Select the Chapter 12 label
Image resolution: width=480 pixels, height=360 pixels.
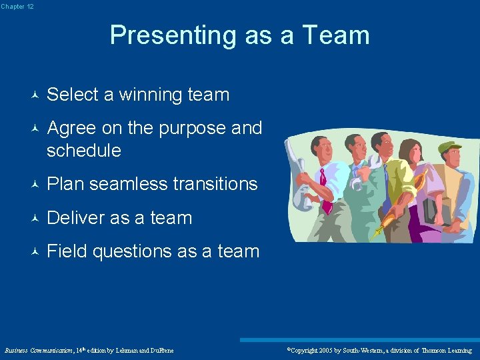coord(17,6)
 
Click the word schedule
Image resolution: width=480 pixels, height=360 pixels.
coord(84,151)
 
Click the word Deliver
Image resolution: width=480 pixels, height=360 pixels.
coord(78,218)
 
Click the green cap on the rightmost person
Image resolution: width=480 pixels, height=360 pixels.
coord(449,147)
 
